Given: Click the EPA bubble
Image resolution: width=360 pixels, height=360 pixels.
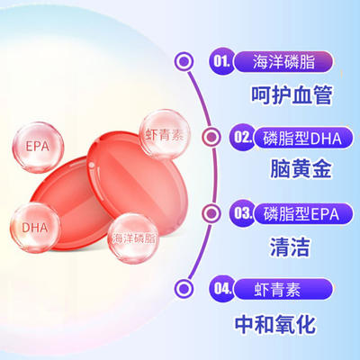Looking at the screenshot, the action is (x=38, y=148).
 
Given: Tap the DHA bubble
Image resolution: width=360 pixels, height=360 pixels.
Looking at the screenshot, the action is (x=35, y=228).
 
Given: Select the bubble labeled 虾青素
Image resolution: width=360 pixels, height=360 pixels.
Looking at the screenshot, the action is (x=165, y=134).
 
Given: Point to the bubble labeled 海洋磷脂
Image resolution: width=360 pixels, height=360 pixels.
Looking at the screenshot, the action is (x=134, y=238).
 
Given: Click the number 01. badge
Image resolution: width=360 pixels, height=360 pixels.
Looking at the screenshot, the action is (x=222, y=62).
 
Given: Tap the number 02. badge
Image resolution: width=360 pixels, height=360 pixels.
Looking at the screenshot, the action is (x=242, y=137).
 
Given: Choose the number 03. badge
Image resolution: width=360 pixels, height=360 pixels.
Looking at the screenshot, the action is (x=242, y=213).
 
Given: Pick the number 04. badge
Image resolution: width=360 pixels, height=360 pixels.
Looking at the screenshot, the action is (x=222, y=289).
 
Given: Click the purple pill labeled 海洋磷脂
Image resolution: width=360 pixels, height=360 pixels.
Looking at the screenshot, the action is (x=283, y=62).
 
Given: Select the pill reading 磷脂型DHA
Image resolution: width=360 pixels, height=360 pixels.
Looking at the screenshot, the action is (x=303, y=138).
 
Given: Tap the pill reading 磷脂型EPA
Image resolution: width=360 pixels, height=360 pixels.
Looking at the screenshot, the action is (x=303, y=214).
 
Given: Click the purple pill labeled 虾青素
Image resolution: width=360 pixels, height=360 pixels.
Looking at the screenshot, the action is (x=283, y=290).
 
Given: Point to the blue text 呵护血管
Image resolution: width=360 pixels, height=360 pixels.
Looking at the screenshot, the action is (x=292, y=95).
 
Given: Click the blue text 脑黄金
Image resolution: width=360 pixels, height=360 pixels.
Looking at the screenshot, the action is (x=301, y=169).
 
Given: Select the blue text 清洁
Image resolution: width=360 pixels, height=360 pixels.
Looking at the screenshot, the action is (x=290, y=247).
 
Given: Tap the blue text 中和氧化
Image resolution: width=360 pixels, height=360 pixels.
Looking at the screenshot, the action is (x=275, y=324).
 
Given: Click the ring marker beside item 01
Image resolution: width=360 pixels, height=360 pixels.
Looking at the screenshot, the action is (x=184, y=61).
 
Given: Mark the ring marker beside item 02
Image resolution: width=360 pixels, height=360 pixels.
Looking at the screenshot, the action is (x=211, y=137).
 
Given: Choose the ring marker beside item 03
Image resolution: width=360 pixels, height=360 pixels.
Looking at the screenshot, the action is (x=211, y=213).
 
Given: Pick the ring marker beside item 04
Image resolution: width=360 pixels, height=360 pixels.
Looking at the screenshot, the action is (x=184, y=288).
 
